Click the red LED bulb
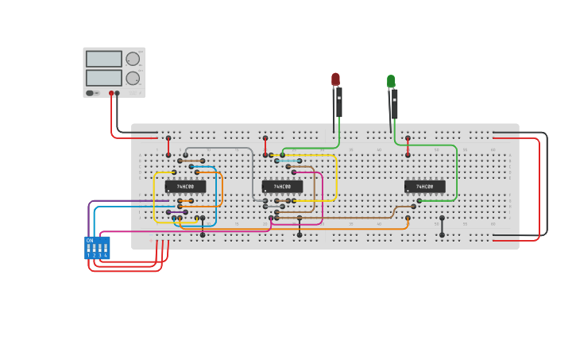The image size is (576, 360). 335,79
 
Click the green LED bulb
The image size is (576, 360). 391,81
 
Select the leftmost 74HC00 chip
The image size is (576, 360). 185,187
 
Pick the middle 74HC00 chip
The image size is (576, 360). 282,187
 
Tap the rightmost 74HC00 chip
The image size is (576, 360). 424,187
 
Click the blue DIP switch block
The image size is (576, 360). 97,248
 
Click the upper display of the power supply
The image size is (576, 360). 104,59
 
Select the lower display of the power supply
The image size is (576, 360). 104,78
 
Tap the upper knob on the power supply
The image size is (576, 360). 133,59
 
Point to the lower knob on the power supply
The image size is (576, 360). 133,78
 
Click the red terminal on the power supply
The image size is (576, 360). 111,93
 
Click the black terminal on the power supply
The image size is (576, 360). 118,93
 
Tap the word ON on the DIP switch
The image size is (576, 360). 90,240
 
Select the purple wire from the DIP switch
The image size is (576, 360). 89,215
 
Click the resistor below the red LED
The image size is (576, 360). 338,103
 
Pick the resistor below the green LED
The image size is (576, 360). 394,105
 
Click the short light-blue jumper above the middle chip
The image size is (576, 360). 288,161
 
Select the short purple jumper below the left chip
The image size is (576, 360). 176,212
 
